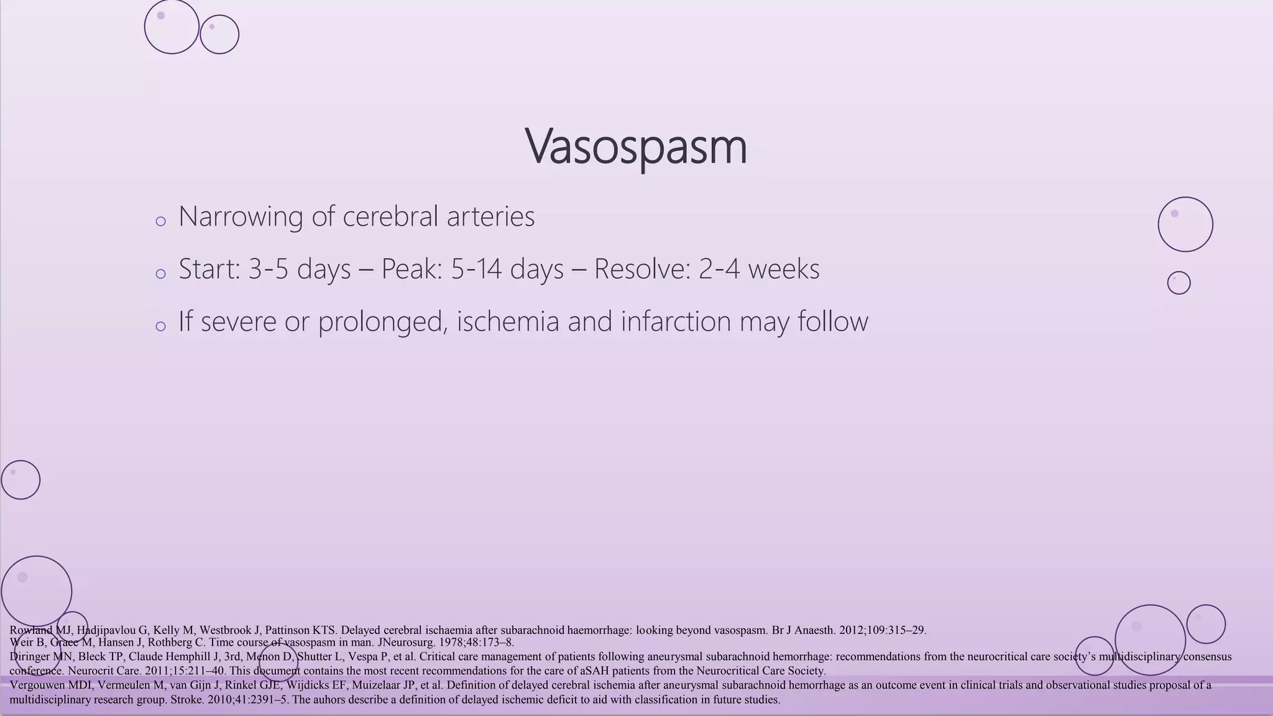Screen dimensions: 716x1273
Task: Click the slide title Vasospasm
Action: [635, 147]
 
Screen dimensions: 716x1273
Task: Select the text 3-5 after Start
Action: [269, 269]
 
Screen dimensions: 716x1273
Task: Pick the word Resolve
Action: [641, 269]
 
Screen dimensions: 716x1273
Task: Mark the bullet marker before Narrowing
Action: [160, 221]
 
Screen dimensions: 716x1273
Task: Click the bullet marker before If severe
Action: [160, 326]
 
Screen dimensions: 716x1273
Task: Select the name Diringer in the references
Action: [30, 657]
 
